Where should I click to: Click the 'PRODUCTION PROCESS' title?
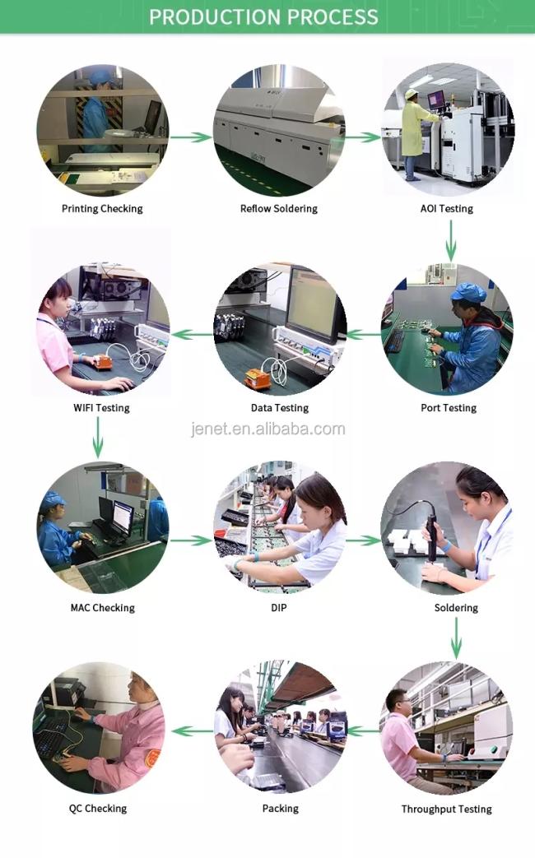click(263, 16)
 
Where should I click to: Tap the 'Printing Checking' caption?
click(102, 209)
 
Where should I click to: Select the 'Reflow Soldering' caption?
click(278, 209)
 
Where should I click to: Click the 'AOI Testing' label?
click(446, 209)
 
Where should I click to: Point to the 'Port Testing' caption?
click(449, 408)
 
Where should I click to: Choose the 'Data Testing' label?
click(280, 408)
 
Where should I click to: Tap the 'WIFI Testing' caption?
click(101, 408)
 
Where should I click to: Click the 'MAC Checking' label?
click(102, 608)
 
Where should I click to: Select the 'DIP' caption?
click(279, 608)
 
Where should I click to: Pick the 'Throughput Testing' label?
click(446, 809)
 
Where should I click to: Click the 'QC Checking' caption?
click(98, 809)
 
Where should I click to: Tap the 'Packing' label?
click(280, 809)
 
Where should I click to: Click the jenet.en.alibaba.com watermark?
click(268, 429)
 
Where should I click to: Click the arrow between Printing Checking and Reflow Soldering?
click(191, 137)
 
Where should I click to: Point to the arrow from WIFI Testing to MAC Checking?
click(98, 437)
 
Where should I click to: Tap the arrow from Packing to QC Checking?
click(192, 730)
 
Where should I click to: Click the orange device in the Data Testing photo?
click(257, 378)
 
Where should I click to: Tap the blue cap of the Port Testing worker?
click(468, 292)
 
